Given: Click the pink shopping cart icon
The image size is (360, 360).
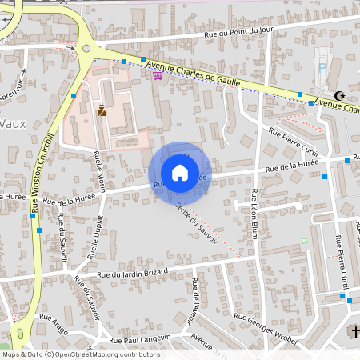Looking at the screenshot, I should pos(158,74).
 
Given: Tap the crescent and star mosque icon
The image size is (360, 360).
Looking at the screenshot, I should pos(341,94).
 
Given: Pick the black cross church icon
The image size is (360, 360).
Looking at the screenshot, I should pos(352,330).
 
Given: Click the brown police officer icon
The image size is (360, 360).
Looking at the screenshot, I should pos(101,112).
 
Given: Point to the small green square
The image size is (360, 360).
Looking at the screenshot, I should pos(304,240).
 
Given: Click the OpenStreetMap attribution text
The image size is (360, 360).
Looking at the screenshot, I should pos(81,354).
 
